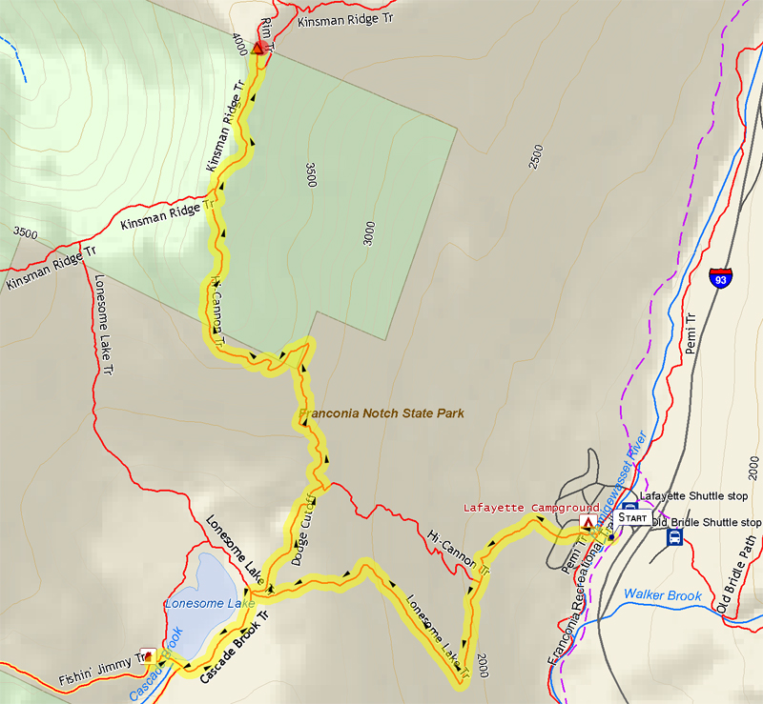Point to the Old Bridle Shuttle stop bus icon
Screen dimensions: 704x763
675,537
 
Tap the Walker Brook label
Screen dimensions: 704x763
662,595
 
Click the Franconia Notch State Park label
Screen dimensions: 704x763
381,414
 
